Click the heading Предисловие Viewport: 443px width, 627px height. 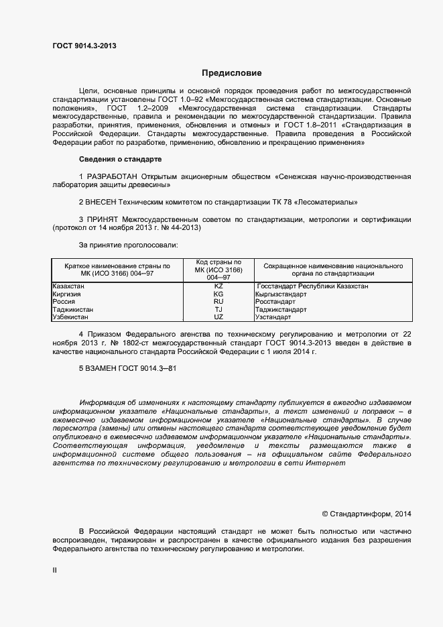pyautogui.click(x=232, y=73)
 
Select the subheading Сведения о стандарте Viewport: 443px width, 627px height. pyautogui.click(x=119, y=159)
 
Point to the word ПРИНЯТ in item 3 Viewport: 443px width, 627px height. pyautogui.click(x=105, y=219)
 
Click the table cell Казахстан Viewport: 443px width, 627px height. pyautogui.click(x=68, y=286)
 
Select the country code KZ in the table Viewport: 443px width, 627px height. pyautogui.click(x=218, y=286)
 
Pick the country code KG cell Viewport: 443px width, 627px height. pyautogui.click(x=218, y=294)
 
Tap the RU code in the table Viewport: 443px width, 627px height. pyautogui.click(x=218, y=302)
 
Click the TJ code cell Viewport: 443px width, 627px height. pyautogui.click(x=218, y=309)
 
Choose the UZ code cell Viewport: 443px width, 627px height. pyautogui.click(x=218, y=317)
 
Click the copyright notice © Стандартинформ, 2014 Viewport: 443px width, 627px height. pyautogui.click(x=366, y=514)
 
